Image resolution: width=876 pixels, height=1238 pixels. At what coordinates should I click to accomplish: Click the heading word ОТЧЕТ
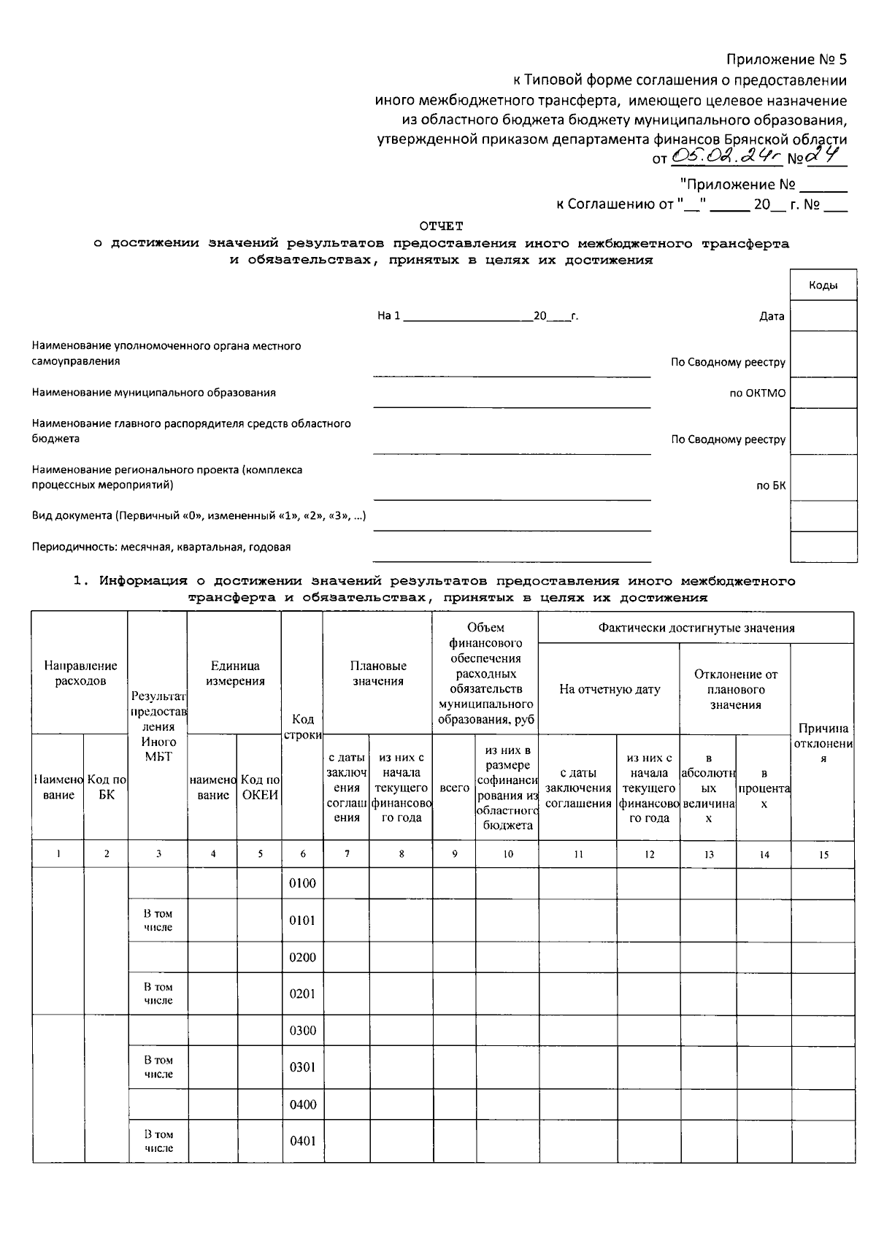pos(441,226)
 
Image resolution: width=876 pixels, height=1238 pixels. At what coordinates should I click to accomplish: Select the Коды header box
pos(823,286)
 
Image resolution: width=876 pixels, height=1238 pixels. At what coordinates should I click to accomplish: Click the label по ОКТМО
pos(757,393)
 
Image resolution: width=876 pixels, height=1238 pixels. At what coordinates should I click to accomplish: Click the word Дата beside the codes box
pos(771,316)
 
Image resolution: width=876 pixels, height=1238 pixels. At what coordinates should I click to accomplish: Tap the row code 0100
pos(302,883)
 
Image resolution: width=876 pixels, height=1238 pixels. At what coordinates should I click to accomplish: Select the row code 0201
pos(302,993)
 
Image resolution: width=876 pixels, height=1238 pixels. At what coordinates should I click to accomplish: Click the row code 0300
pos(302,1031)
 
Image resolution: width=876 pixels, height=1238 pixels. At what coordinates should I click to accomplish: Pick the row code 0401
pos(302,1141)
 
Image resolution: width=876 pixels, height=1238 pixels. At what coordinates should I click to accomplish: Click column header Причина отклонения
pos(823,743)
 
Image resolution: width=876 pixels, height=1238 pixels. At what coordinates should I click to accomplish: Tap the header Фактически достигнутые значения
pos(696,628)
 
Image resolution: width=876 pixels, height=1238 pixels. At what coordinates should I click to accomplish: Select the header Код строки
pos(302,727)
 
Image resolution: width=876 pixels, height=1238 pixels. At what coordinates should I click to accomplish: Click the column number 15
pos(823,855)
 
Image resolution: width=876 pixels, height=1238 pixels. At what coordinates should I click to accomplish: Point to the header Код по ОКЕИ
pos(260,787)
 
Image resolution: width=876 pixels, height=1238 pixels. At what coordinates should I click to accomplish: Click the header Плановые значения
pos(377,673)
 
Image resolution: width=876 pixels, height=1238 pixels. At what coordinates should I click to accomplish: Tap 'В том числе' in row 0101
pos(158,920)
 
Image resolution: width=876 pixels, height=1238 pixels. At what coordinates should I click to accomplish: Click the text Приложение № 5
pos(786,59)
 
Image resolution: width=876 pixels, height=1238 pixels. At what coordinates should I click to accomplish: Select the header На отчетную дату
pos(609,689)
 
